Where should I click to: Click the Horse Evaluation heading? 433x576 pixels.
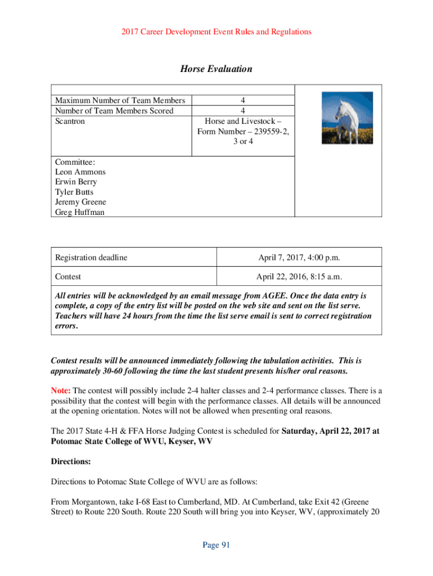[x=216, y=69]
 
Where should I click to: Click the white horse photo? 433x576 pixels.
[x=339, y=118]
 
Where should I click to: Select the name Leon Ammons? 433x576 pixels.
[x=80, y=172]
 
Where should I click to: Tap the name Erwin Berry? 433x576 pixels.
[x=76, y=182]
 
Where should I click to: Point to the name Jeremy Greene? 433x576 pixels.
[x=80, y=202]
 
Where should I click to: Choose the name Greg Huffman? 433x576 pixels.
[x=79, y=213]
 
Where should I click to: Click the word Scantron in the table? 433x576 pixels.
[x=70, y=121]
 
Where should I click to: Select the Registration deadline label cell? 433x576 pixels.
[x=91, y=258]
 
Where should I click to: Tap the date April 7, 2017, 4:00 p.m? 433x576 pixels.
[x=300, y=258]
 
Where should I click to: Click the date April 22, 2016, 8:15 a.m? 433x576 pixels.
[x=300, y=277]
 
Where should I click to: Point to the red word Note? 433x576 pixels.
[x=61, y=391]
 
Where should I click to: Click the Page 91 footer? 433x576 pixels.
[x=216, y=544]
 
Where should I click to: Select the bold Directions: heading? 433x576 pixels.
[x=71, y=461]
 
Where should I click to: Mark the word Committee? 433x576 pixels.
[x=75, y=162]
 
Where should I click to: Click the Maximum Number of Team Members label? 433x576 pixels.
[x=120, y=101]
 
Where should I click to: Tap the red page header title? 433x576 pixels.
[x=216, y=32]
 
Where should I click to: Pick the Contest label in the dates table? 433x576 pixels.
[x=68, y=277]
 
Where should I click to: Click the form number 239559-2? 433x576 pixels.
[x=270, y=132]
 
